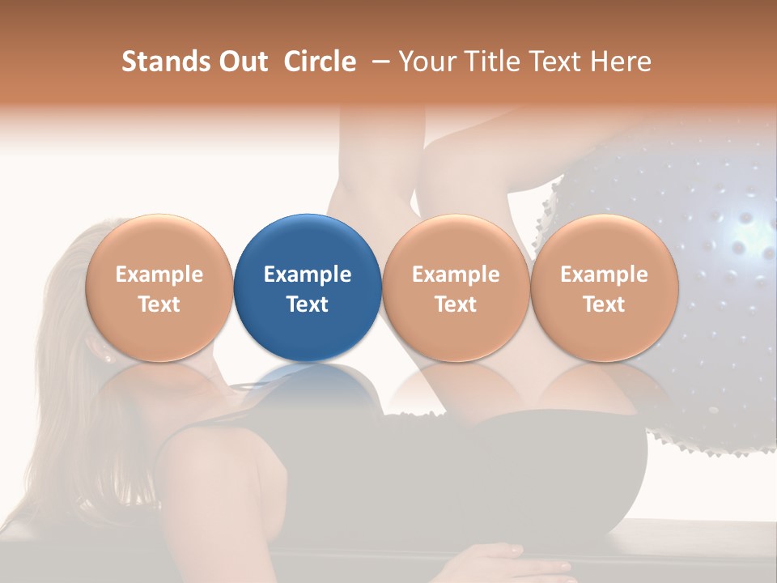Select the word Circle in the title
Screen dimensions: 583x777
[320, 62]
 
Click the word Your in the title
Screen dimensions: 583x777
[426, 62]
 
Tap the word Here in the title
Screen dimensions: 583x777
[621, 62]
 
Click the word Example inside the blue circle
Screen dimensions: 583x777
[308, 274]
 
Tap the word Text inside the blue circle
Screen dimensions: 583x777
[308, 304]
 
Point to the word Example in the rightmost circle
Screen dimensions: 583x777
[604, 274]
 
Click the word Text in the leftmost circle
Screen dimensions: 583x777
[159, 304]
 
